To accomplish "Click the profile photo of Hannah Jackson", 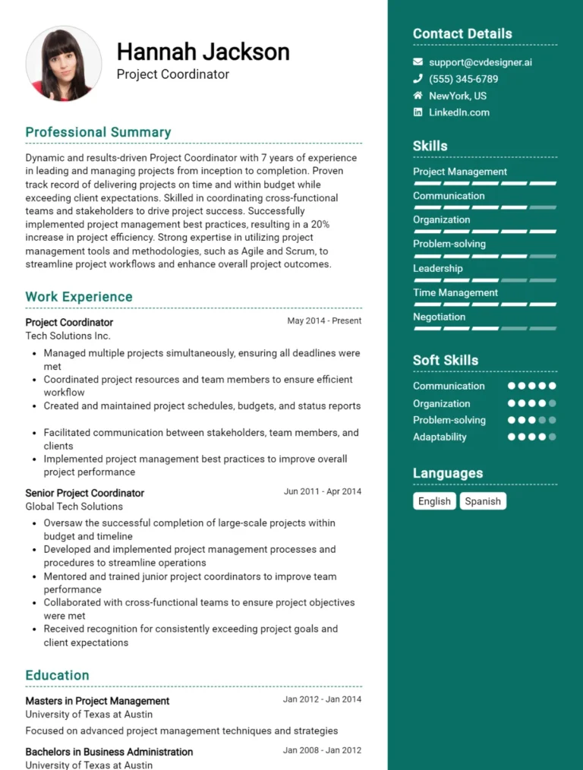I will [x=64, y=65].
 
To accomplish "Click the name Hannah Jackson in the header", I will [x=203, y=52].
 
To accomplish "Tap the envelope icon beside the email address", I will [x=418, y=62].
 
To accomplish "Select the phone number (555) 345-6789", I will [x=463, y=79].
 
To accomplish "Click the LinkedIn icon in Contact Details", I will [x=418, y=112].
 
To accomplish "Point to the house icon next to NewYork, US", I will [x=418, y=96].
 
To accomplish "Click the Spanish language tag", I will [x=483, y=501].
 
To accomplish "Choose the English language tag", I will [x=434, y=501].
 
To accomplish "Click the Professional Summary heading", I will [x=98, y=132].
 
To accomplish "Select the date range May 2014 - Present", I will [x=324, y=321].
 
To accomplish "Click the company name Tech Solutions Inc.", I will [x=68, y=336].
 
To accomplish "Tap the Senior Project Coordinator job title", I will [x=84, y=493].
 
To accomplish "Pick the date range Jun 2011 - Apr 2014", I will [x=322, y=492].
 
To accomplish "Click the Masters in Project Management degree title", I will [x=97, y=701].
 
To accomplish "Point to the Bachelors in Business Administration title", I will [x=109, y=752].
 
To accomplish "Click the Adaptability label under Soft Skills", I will [x=440, y=437].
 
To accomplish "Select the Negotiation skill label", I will [x=439, y=317].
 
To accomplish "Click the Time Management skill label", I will [x=455, y=292].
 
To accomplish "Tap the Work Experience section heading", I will [x=79, y=297].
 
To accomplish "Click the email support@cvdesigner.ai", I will [x=480, y=62].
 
